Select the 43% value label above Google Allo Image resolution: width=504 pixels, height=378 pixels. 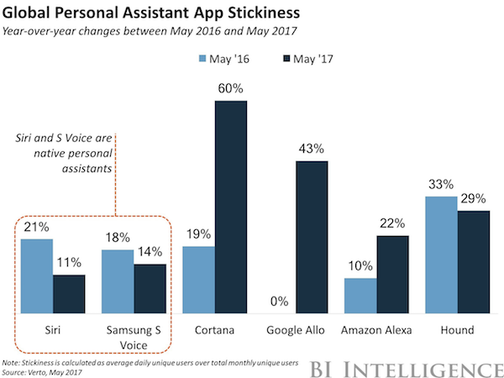click(x=311, y=150)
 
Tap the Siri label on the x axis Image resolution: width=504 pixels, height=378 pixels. click(x=53, y=328)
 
